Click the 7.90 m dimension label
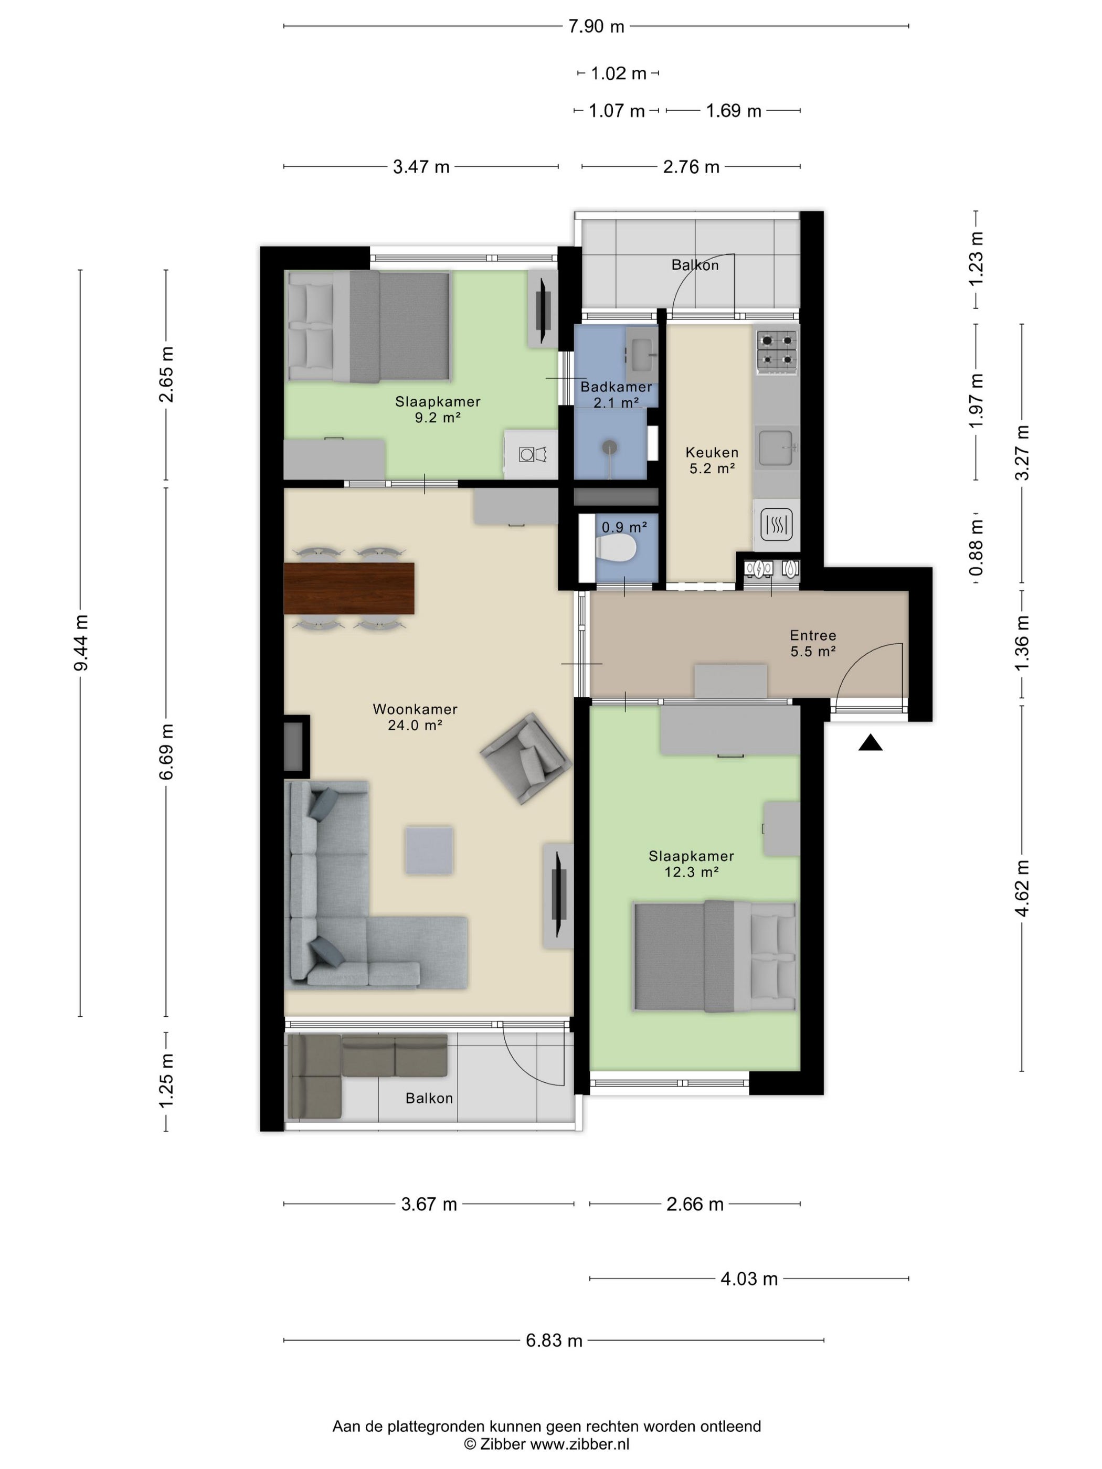[596, 27]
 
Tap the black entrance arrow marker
[870, 742]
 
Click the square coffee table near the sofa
[430, 850]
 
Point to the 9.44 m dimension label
[81, 643]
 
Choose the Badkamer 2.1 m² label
[616, 395]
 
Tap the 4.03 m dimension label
[749, 1279]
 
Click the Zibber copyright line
[546, 1444]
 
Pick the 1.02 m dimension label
[618, 73]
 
